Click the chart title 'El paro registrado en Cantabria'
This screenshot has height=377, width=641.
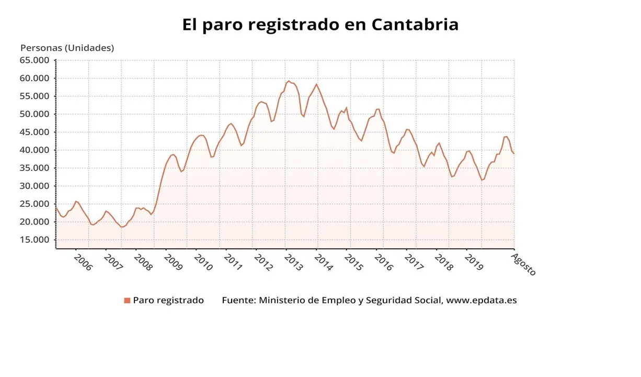(320, 25)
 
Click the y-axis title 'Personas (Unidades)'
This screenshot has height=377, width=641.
(67, 48)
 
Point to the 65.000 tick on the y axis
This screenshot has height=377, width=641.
(34, 60)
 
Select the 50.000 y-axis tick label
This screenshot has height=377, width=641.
(34, 114)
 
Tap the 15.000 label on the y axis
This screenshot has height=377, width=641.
(34, 240)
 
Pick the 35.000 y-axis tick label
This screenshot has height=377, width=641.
(34, 168)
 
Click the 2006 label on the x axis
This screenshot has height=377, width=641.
(83, 263)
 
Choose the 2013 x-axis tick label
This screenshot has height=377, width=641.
(293, 263)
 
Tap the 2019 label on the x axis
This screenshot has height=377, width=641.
(473, 263)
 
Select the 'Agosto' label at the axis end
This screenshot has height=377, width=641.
(523, 264)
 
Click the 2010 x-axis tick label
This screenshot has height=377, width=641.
(203, 263)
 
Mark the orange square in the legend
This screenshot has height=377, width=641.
(127, 301)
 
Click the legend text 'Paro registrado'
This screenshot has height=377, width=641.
(168, 301)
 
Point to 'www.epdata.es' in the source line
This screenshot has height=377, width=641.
(481, 301)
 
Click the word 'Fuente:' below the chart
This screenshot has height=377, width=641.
(239, 301)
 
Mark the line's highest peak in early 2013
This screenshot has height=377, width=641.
(289, 81)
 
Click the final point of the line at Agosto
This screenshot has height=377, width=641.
(514, 153)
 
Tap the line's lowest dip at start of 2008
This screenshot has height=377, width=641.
(122, 227)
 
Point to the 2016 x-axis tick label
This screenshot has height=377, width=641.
(383, 263)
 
